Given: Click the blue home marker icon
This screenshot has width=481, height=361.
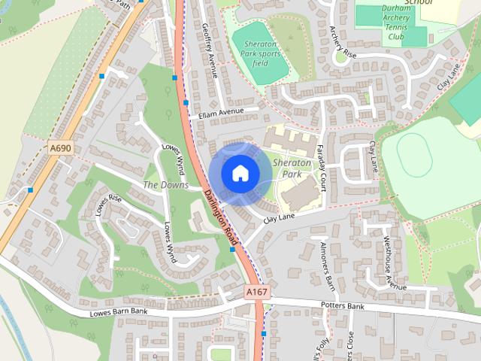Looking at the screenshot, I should point(240,174).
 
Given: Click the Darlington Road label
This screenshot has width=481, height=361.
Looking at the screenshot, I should point(220,217).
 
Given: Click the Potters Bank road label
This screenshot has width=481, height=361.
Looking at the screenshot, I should point(342,307).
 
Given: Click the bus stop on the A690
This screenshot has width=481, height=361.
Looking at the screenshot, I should point(30,190).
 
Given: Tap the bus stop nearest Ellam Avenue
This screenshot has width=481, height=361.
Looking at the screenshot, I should point(186,102).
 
